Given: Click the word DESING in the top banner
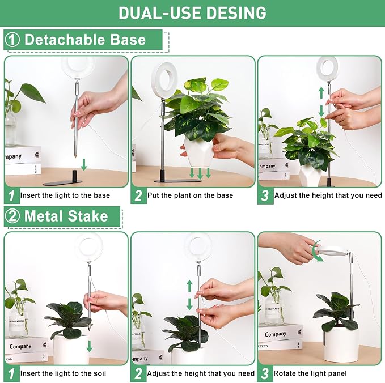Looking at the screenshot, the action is (236, 13).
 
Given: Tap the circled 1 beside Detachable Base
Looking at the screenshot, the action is (12, 40).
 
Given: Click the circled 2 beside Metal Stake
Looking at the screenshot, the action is (12, 216).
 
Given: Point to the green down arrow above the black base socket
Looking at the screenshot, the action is (84, 164).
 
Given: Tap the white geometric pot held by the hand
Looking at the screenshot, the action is (198, 151).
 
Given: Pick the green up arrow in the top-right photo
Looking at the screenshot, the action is (321, 93).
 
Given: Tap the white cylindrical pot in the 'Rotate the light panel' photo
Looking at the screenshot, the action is (341, 345).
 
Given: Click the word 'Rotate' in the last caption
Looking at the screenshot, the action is (285, 373).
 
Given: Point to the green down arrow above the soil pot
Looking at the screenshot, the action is (90, 346).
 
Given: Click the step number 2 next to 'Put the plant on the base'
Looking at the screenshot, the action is (138, 195).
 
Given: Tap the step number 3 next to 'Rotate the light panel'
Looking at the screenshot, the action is (265, 374).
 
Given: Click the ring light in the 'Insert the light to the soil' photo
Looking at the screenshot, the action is (88, 248).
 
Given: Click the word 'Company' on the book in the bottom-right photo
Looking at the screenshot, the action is (276, 334).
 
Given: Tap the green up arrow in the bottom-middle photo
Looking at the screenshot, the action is (189, 286).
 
